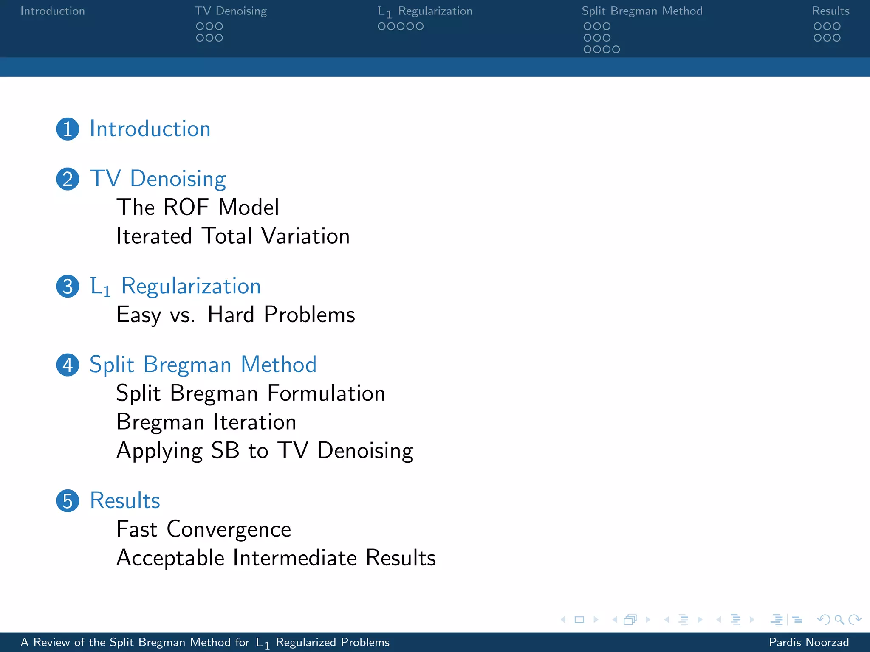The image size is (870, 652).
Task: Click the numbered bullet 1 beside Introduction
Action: point(68,129)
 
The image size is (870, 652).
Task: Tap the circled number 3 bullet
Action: point(68,287)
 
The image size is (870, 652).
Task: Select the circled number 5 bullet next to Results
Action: point(68,501)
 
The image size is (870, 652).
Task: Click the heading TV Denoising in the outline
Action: point(158,179)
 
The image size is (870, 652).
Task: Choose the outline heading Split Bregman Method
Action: point(203,365)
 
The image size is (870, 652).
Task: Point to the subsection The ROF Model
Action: point(198,208)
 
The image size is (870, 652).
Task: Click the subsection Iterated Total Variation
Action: point(233,236)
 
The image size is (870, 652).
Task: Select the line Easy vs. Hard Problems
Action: point(236,315)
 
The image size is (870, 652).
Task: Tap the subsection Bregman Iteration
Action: point(206,422)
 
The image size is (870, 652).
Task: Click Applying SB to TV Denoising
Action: point(265,451)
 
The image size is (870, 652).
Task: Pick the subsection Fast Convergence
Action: point(204,529)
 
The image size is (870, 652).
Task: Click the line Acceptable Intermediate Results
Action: point(276,558)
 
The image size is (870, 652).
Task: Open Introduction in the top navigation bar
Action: point(53,11)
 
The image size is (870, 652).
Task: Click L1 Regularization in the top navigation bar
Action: point(425,11)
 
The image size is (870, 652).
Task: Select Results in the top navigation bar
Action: point(830,11)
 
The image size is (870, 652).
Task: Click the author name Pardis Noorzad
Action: point(809,642)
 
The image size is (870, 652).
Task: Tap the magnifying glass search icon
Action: point(839,620)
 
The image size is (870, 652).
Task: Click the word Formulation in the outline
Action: point(326,393)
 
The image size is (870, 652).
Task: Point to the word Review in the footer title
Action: point(52,642)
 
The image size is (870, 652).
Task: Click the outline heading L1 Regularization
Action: point(175,287)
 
